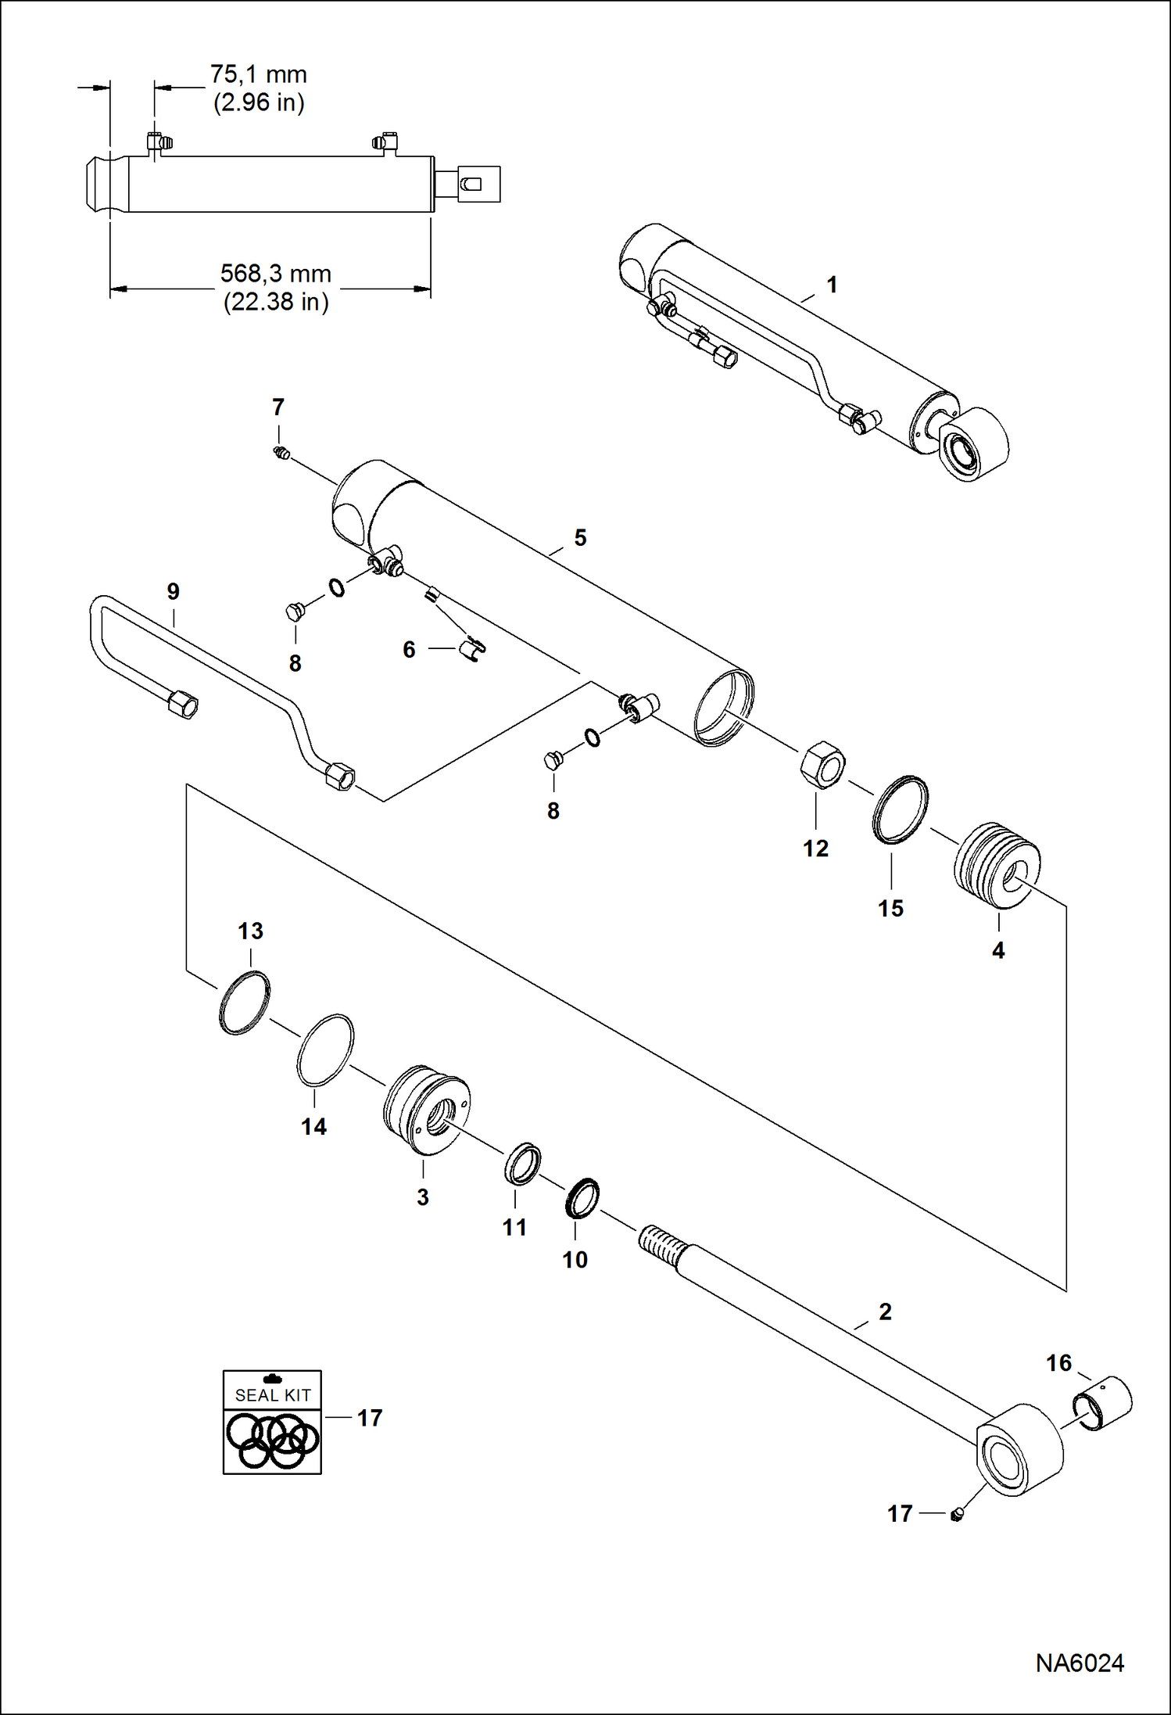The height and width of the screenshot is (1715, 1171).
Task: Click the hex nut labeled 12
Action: pyautogui.click(x=822, y=764)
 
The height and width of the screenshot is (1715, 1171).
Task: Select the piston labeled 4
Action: pyautogui.click(x=997, y=865)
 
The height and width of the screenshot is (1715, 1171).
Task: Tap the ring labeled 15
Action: pyautogui.click(x=901, y=809)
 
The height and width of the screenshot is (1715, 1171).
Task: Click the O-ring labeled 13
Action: pyautogui.click(x=245, y=1003)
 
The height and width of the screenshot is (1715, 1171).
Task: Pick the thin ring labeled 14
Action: pyautogui.click(x=324, y=1050)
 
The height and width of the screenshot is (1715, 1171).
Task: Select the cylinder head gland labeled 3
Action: pyautogui.click(x=426, y=1110)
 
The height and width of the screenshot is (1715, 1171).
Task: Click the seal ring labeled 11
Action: pyautogui.click(x=522, y=1163)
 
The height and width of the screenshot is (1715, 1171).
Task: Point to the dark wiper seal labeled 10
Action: pyautogui.click(x=582, y=1198)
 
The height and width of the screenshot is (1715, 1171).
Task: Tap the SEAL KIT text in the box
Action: pyautogui.click(x=273, y=1395)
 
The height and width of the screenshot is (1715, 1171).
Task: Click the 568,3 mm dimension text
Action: pyautogui.click(x=275, y=274)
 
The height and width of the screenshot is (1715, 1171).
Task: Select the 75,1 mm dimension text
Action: pyautogui.click(x=258, y=75)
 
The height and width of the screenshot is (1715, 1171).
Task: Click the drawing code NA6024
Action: pyautogui.click(x=1080, y=1663)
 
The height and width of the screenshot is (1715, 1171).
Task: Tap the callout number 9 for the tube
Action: pyautogui.click(x=174, y=591)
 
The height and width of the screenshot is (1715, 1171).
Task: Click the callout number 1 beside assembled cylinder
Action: pyautogui.click(x=832, y=285)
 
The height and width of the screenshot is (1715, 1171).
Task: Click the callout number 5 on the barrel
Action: pyautogui.click(x=580, y=538)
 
